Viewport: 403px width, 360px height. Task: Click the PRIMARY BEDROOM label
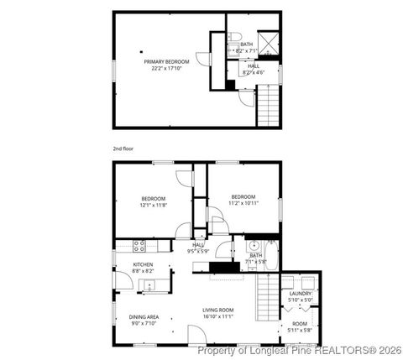166,61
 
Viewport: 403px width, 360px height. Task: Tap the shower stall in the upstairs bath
270,42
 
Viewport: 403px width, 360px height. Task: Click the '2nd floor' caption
123,148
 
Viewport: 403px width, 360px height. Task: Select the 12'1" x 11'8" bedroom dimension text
154,205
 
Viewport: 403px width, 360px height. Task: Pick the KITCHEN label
143,265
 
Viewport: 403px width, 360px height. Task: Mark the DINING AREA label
144,316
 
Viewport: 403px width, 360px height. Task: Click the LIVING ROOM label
217,310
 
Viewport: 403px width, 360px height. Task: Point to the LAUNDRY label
300,294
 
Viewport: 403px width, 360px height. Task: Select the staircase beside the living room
266,298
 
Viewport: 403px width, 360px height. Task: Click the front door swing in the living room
195,335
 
